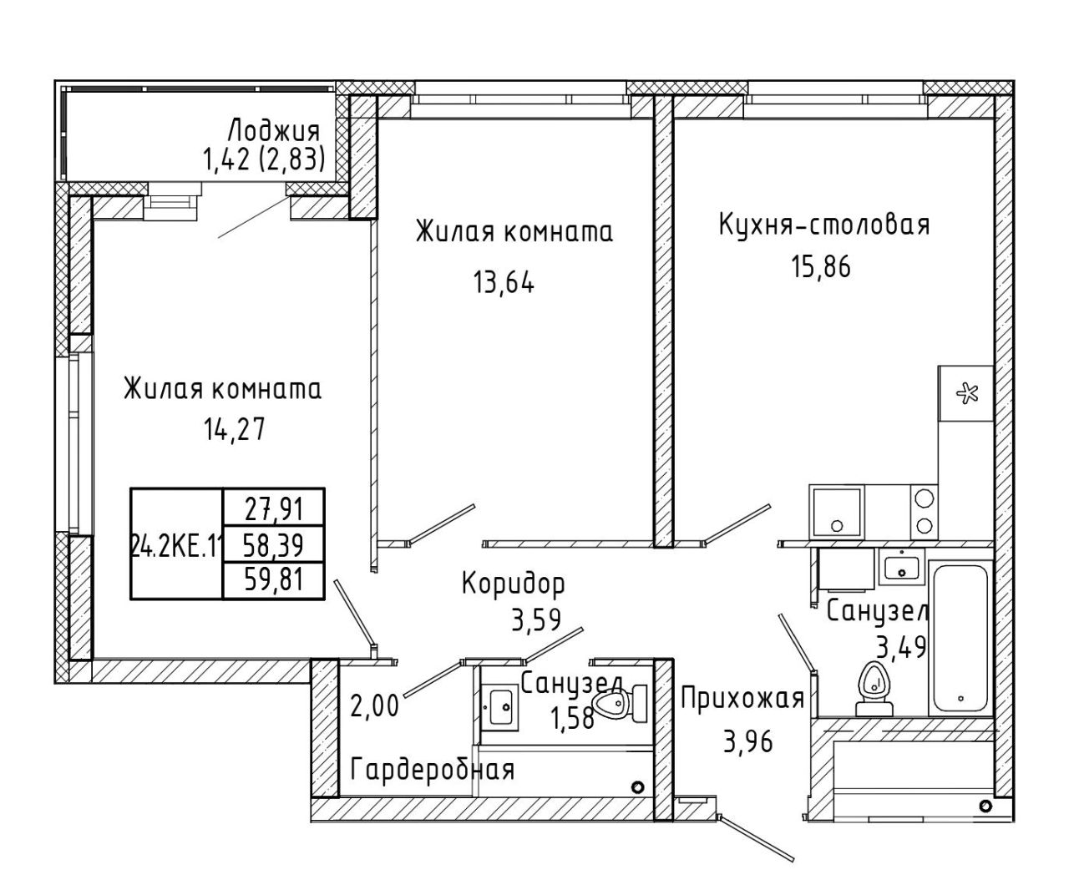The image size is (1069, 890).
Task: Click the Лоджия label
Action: click(274, 131)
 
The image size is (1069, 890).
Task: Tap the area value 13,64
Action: click(504, 282)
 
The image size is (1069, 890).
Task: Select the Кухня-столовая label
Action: click(823, 225)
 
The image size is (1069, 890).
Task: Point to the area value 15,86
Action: click(821, 266)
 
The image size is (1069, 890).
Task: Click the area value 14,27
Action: click(235, 429)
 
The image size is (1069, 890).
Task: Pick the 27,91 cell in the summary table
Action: click(275, 509)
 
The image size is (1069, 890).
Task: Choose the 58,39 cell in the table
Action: click(275, 544)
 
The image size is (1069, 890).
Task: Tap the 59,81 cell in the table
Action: click(275, 580)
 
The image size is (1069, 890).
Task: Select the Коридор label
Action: click(514, 584)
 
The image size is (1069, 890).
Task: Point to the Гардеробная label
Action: click(433, 769)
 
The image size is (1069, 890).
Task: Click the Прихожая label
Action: click(742, 699)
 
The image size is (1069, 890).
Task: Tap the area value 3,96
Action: click(747, 741)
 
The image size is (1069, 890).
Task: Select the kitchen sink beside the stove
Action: click(837, 512)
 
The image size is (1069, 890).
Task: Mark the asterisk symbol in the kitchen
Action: click(967, 394)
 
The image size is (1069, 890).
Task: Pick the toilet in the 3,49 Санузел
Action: click(874, 689)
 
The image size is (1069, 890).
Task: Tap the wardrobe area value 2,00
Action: click(374, 707)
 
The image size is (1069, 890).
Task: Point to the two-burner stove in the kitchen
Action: click(925, 512)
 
